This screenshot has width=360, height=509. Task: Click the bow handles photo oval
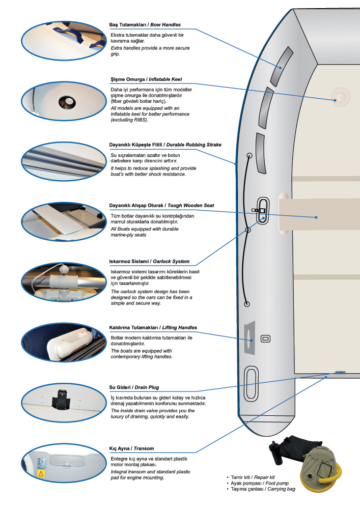[x=64, y=41]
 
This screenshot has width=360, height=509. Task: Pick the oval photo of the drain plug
[x=64, y=403]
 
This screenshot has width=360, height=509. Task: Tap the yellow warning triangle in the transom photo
[x=41, y=473]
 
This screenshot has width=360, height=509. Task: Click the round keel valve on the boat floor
[x=341, y=97]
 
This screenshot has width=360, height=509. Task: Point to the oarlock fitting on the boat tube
[x=262, y=210]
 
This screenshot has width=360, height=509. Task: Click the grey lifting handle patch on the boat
[x=250, y=337]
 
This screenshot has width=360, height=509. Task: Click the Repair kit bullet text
[x=253, y=477]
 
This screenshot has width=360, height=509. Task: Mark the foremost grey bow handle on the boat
[x=282, y=66]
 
